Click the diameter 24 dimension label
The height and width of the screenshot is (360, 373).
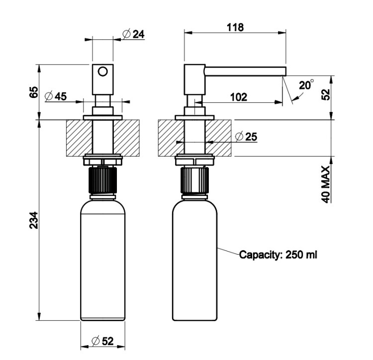[132, 34]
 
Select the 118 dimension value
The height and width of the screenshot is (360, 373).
[235, 27]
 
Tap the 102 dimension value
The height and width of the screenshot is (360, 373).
[238, 97]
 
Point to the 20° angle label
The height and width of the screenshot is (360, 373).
[306, 86]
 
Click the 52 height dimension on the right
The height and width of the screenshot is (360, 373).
[327, 95]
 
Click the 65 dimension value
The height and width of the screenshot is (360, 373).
[34, 92]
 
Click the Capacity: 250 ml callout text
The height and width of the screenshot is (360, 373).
[278, 255]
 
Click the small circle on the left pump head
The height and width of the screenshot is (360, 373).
[102, 71]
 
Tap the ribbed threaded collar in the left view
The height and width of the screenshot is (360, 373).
[102, 181]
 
